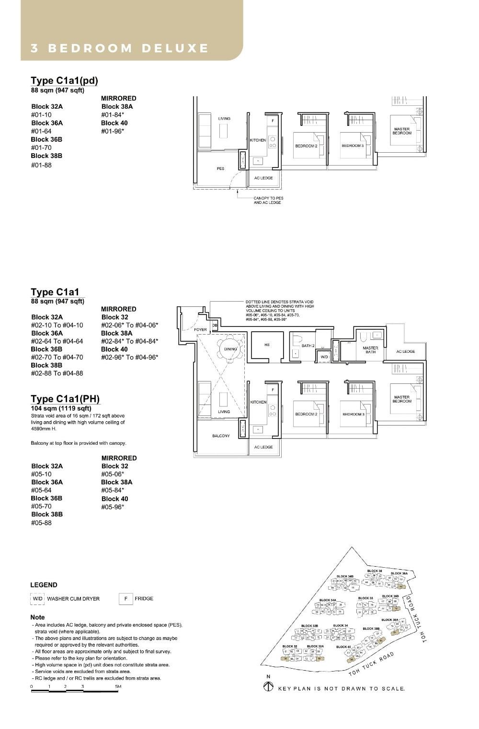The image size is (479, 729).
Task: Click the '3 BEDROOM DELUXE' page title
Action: (120, 48)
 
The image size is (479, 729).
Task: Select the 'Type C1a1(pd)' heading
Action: (64, 80)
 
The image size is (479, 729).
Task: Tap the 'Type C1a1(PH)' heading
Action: (65, 399)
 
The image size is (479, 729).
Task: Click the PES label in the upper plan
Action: (220, 168)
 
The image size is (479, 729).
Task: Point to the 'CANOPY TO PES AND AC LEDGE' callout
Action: (268, 200)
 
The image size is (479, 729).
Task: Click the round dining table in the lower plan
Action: (230, 349)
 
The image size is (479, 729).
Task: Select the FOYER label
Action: (200, 330)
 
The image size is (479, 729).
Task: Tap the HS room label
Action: (267, 345)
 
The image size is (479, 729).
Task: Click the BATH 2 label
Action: (308, 346)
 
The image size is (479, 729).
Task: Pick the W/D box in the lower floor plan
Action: (324, 357)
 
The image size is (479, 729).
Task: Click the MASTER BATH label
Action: (370, 350)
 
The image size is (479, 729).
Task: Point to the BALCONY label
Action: (221, 436)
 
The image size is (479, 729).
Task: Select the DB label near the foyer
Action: (215, 325)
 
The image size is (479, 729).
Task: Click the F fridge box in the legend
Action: (125, 598)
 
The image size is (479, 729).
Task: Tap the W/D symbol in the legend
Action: (37, 598)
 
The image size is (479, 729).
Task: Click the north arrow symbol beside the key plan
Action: (268, 687)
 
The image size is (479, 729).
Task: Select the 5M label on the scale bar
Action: (118, 686)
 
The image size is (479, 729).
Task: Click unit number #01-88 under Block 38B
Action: (41, 165)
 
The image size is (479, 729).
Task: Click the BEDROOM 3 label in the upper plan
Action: (353, 146)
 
